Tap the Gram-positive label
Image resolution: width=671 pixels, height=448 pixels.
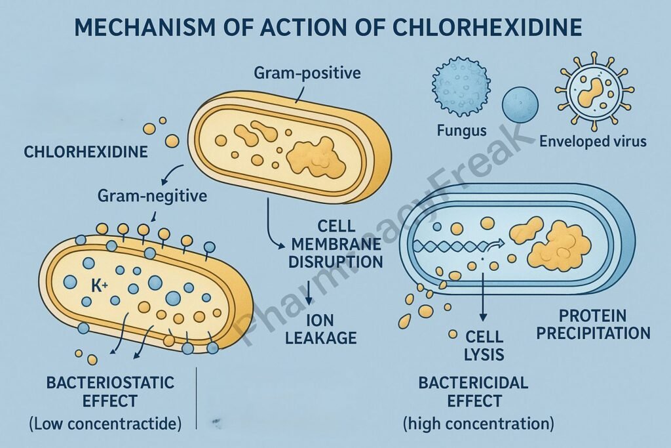[307, 72]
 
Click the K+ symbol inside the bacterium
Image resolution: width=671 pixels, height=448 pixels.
[99, 286]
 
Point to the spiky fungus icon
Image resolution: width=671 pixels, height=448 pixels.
[461, 86]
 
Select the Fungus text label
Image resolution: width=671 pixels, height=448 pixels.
[461, 131]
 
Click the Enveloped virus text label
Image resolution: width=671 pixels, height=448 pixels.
[593, 140]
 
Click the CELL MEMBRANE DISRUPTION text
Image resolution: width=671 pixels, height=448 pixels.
[337, 244]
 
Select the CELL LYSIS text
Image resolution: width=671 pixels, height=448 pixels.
[484, 346]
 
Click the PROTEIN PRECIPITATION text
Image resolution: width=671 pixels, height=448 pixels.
[593, 324]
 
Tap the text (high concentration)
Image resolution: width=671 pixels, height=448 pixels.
[478, 424]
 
